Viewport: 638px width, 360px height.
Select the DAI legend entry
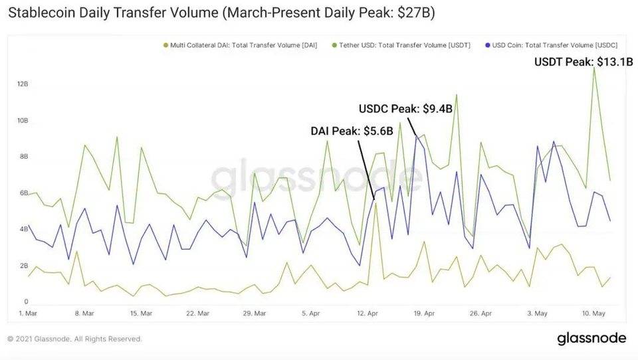click(243, 45)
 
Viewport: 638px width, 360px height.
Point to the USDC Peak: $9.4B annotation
click(405, 108)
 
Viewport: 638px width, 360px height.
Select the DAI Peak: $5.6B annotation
click(352, 131)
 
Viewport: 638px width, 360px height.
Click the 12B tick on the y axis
click(23, 84)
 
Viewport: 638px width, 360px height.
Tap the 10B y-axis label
click(23, 121)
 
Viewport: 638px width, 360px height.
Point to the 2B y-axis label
click(23, 266)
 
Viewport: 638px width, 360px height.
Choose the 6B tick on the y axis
click(23, 193)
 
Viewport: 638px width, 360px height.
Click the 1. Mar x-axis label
click(29, 313)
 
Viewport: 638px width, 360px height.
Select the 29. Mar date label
click(255, 313)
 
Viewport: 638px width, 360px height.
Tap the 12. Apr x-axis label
click(368, 313)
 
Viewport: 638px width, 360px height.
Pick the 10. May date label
click(593, 313)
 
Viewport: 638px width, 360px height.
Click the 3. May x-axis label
click(538, 313)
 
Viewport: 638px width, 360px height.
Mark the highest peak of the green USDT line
click(593, 68)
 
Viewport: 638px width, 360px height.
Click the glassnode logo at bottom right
click(591, 338)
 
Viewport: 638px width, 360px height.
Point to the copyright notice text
click(74, 339)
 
